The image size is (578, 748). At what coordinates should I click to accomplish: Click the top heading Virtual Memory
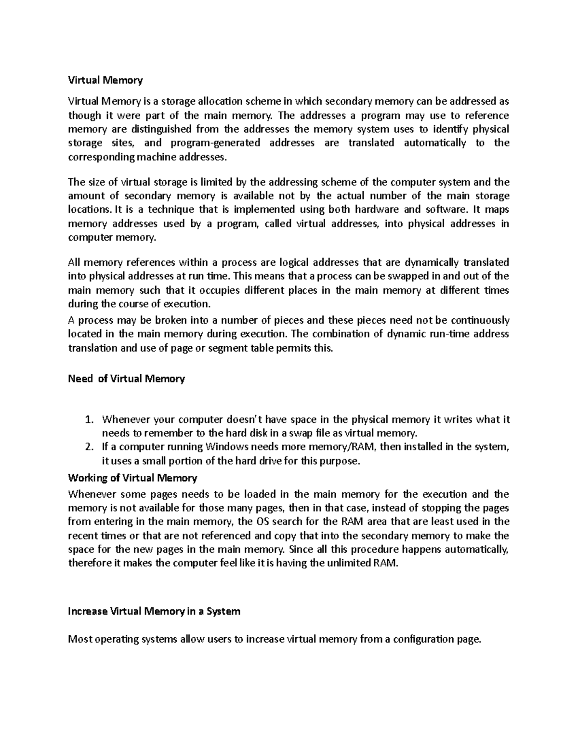pyautogui.click(x=105, y=80)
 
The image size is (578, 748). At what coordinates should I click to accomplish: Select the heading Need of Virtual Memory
pyautogui.click(x=126, y=379)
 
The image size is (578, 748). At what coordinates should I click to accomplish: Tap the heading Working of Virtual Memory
pyautogui.click(x=132, y=478)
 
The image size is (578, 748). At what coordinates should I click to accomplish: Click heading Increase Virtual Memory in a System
pyautogui.click(x=154, y=611)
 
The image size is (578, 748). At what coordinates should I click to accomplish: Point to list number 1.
pyautogui.click(x=88, y=420)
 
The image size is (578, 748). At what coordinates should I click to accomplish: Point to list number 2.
pyautogui.click(x=88, y=446)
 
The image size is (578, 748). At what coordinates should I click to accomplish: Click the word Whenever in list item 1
pyautogui.click(x=123, y=420)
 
